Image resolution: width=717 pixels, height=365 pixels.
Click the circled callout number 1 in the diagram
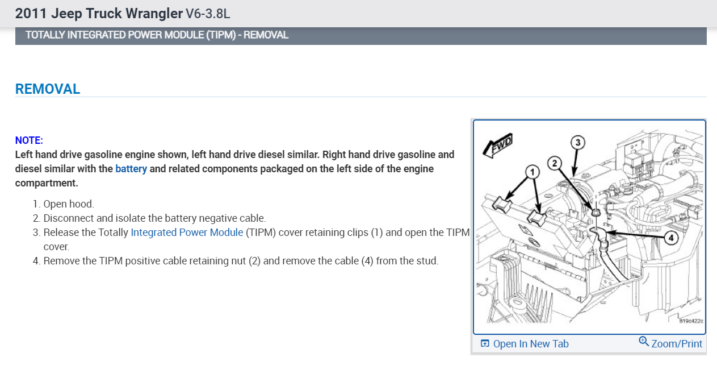531,171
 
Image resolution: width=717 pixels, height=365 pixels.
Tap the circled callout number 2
555,164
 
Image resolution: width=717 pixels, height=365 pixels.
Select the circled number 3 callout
577,143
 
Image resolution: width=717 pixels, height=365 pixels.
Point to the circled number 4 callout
671,238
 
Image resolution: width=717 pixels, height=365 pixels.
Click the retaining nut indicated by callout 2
596,211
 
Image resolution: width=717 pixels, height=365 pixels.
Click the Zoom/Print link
677,344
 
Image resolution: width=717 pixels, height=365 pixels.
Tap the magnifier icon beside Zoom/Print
644,342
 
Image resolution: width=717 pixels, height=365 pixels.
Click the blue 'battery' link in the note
131,169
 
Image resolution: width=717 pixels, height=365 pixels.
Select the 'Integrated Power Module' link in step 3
187,233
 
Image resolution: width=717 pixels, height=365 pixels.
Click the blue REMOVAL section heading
48,89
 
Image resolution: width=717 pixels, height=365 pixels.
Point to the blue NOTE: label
29,140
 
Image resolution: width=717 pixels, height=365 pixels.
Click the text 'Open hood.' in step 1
69,204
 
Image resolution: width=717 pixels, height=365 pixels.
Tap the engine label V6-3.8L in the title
208,13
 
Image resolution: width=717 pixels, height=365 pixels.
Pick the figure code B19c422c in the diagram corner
691,322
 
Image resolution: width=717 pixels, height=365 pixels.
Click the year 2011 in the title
28,13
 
